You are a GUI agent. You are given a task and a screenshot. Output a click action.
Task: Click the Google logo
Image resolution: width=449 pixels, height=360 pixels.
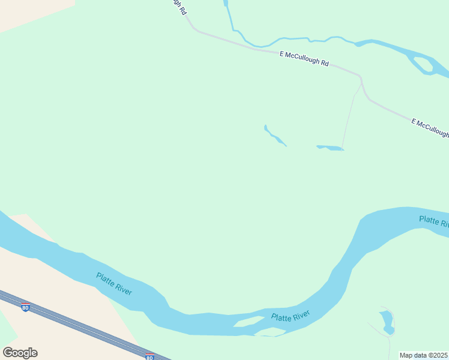[20, 352]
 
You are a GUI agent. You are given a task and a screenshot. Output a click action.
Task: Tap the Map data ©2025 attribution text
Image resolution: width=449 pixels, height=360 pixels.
[423, 355]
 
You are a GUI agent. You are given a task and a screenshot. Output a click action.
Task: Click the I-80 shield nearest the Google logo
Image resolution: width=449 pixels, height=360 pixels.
[25, 307]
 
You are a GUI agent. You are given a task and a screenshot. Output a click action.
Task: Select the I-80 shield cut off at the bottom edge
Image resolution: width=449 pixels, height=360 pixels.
[149, 357]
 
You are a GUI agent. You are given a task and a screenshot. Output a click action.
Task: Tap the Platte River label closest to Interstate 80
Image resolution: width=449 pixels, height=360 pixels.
[114, 283]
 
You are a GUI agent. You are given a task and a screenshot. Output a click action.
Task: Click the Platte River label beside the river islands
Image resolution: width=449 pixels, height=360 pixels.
[290, 316]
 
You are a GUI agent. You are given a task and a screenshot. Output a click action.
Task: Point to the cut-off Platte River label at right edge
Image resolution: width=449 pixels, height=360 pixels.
[433, 221]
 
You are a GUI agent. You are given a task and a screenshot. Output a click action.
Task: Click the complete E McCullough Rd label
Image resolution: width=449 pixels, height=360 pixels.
[304, 58]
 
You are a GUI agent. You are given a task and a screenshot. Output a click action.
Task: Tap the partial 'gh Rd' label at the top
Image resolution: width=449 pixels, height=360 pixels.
[178, 7]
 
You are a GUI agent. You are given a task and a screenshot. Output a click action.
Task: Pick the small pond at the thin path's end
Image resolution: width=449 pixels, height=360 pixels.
[330, 148]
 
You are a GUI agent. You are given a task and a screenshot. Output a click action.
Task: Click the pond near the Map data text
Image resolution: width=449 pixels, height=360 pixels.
[387, 322]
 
